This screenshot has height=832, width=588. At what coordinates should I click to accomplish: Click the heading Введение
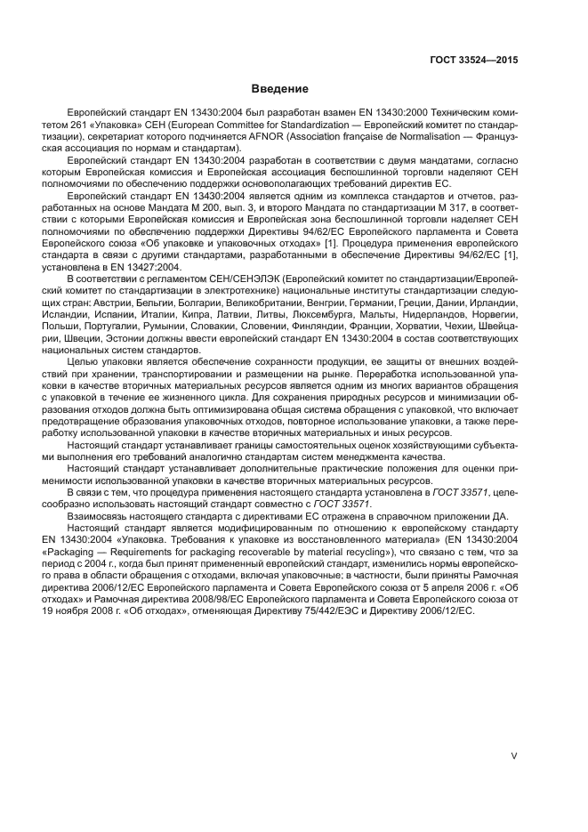[280, 89]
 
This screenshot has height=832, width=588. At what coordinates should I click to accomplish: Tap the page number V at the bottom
[513, 755]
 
